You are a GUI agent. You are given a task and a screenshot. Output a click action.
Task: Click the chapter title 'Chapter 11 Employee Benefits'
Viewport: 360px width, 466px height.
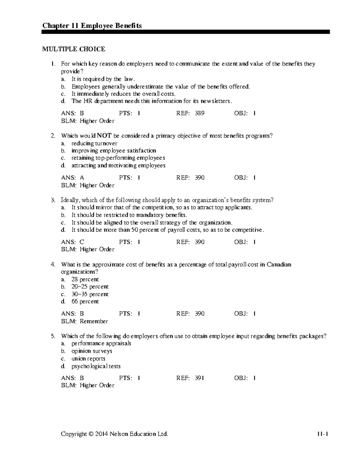(x=92, y=26)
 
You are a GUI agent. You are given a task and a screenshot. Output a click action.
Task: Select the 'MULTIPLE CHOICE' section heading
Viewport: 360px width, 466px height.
(x=73, y=49)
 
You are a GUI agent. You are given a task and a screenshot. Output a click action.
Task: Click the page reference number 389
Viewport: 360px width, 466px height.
(x=199, y=113)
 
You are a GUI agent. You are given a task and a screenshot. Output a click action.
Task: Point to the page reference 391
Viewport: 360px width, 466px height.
(x=199, y=378)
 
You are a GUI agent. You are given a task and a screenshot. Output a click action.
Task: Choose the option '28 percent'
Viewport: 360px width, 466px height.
(x=85, y=279)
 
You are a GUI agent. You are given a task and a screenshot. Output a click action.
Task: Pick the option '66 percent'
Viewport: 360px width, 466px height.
(x=85, y=302)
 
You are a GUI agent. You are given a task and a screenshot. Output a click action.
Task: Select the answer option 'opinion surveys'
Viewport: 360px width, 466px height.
(x=92, y=351)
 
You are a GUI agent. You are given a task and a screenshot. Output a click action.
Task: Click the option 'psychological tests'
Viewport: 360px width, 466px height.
(x=96, y=366)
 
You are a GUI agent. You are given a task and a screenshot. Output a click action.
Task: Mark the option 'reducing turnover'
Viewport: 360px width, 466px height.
(x=94, y=143)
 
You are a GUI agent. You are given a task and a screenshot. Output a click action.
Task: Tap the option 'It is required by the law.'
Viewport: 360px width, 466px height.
(x=103, y=79)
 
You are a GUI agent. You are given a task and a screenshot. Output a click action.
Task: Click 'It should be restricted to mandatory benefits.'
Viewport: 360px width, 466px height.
(x=129, y=215)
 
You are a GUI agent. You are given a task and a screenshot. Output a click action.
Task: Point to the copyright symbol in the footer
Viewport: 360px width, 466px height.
(x=91, y=434)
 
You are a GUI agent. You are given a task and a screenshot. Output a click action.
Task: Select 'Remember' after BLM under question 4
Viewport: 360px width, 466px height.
(x=94, y=321)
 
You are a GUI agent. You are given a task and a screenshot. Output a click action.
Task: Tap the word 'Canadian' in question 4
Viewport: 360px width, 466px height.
(x=279, y=265)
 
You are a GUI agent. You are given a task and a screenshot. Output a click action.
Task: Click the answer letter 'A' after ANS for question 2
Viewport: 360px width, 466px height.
(x=82, y=178)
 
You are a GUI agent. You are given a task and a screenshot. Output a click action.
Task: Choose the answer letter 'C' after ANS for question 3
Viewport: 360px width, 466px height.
(x=82, y=242)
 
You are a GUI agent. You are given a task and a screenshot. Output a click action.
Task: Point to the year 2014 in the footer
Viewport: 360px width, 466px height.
(x=102, y=434)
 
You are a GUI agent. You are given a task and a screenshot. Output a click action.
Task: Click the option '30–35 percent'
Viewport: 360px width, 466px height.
(x=90, y=294)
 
